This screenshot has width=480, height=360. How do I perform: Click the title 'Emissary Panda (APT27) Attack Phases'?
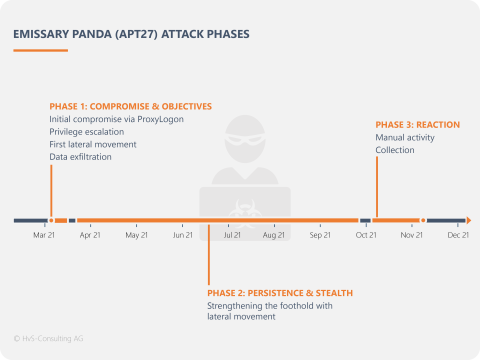[x=131, y=34]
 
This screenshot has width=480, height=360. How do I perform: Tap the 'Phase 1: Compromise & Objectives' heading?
[x=130, y=106]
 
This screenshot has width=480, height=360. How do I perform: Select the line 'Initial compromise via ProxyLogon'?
[x=116, y=119]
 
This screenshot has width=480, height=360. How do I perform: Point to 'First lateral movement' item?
[x=93, y=144]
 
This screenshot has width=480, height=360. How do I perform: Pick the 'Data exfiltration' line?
[x=81, y=156]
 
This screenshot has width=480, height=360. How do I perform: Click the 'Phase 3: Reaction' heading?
[x=417, y=124]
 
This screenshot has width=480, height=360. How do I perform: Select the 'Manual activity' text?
[x=404, y=137]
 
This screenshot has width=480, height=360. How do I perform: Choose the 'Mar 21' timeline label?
[x=44, y=236]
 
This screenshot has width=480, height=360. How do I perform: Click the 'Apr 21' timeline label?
[x=91, y=236]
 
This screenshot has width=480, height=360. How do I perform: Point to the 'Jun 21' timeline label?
[x=183, y=236]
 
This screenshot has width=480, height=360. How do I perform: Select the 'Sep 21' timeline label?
[x=320, y=236]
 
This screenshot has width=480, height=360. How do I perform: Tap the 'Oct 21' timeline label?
[x=366, y=236]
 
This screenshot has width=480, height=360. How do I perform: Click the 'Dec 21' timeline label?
[x=458, y=236]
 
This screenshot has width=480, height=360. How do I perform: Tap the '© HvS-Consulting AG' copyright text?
[x=49, y=338]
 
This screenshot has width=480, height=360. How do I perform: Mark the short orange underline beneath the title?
[x=40, y=49]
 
